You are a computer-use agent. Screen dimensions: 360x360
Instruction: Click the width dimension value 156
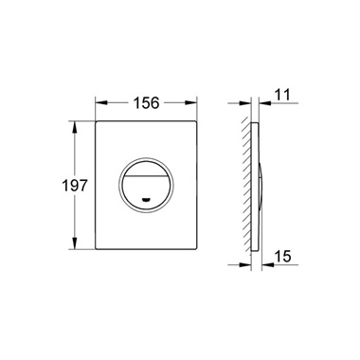[146, 103]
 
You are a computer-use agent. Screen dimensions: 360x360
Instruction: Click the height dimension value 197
[74, 185]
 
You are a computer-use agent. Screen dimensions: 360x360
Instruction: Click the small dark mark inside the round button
[146, 200]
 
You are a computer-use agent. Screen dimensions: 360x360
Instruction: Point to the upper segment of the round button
[146, 168]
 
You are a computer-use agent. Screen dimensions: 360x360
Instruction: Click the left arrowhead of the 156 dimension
[101, 103]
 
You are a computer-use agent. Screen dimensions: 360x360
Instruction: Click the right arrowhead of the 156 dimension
[190, 103]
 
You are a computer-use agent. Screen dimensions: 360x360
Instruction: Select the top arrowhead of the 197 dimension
[75, 128]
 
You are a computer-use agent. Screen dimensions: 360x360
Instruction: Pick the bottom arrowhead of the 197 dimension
[75, 243]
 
